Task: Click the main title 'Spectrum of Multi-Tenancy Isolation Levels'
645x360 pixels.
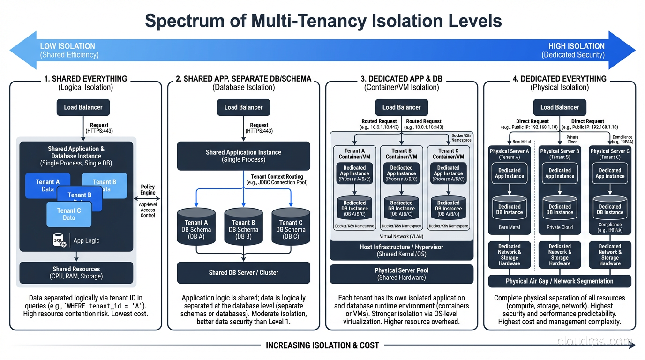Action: click(x=323, y=21)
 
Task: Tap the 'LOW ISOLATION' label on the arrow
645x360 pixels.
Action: click(x=67, y=46)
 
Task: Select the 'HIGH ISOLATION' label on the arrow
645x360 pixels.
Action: click(x=576, y=46)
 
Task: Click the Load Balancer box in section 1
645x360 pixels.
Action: click(x=83, y=107)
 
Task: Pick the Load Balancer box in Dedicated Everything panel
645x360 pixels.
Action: click(x=559, y=107)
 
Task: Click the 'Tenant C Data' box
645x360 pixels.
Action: click(x=69, y=214)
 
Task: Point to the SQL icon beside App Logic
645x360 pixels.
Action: click(x=59, y=240)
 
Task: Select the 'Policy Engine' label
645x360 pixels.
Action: click(x=148, y=190)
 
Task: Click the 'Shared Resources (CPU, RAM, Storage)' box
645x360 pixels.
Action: click(x=76, y=272)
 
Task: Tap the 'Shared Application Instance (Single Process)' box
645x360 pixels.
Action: click(x=243, y=156)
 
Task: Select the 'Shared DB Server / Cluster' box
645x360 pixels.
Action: click(x=243, y=272)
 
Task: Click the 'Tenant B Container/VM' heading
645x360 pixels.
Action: click(x=401, y=154)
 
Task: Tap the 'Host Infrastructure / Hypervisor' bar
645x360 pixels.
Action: click(x=401, y=250)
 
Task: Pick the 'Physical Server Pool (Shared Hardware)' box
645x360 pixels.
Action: click(x=401, y=274)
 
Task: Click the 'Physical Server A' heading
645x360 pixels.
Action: click(x=509, y=151)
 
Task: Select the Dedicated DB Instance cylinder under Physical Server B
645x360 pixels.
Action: click(x=559, y=209)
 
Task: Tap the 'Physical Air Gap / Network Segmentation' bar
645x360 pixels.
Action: click(x=559, y=281)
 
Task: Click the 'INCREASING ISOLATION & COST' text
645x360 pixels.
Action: click(x=322, y=345)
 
